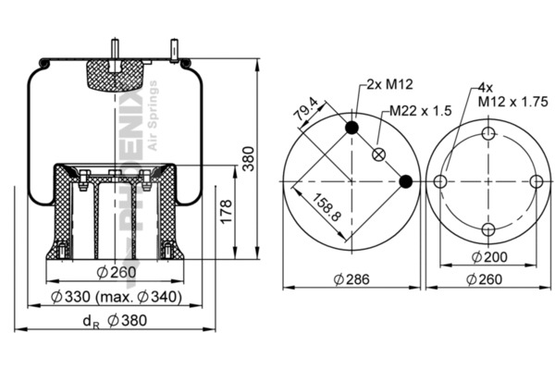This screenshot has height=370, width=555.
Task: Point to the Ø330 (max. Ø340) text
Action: coord(117,296)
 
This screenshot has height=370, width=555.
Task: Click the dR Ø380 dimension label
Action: coord(115,321)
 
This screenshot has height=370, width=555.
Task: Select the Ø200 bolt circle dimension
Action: coord(488,256)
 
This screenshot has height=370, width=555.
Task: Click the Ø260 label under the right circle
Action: coord(488,279)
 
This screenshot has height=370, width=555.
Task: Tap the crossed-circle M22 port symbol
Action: coord(378,154)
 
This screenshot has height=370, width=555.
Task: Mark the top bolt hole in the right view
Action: coord(488,135)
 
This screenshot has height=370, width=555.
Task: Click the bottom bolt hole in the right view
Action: coord(488,228)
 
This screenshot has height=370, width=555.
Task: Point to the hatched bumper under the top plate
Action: coord(115,73)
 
